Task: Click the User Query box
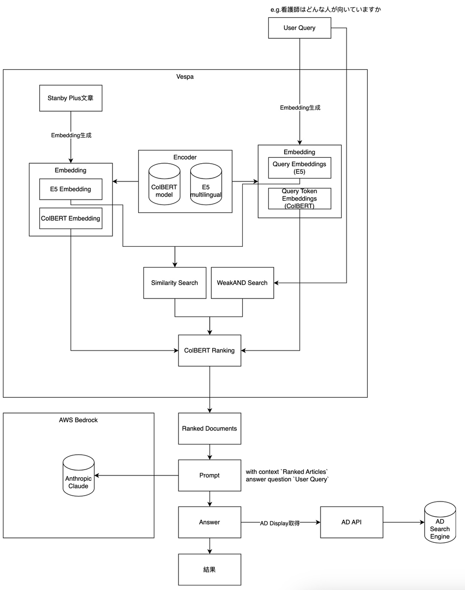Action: coord(299,28)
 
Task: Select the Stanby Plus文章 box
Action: coord(71,98)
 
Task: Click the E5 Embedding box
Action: coord(71,189)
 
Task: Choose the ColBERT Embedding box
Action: coord(71,218)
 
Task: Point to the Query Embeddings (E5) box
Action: coord(299,168)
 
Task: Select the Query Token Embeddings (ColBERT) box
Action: coord(299,199)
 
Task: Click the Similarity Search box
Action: coord(174,283)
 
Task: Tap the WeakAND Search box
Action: coord(242,283)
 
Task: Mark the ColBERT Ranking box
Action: coord(209,351)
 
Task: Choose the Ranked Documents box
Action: coord(209,429)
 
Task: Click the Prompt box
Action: coord(209,475)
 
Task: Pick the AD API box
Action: coord(352,522)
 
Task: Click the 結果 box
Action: coord(209,570)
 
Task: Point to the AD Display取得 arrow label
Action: coord(280,523)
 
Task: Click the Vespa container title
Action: coord(185,77)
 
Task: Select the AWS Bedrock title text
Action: coord(79,420)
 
